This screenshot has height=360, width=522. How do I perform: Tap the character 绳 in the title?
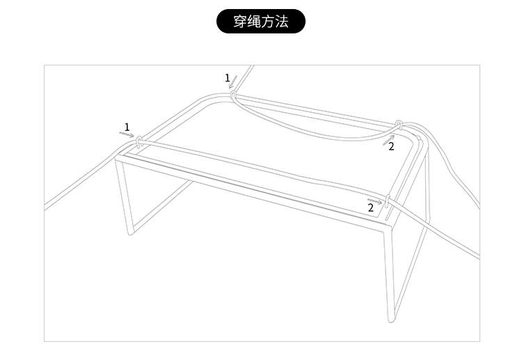pos(254,22)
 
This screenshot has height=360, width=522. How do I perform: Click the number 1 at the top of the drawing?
pos(227,78)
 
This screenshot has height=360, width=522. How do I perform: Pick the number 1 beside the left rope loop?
pos(127,127)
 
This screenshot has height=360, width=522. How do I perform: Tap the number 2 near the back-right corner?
pos(391,146)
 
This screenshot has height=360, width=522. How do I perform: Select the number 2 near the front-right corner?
pos(371,208)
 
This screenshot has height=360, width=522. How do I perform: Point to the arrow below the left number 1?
pos(127,134)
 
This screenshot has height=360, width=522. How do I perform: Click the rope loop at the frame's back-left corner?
pos(234,94)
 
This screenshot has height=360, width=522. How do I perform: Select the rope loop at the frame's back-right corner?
pos(398,126)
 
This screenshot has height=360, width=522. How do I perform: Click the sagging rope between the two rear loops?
pos(313,132)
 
